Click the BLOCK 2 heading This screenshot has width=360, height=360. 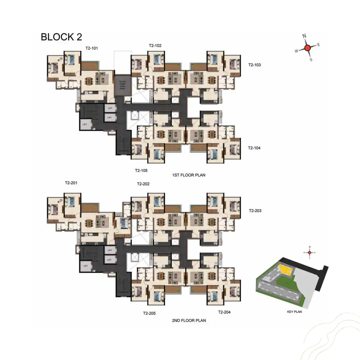point(61,37)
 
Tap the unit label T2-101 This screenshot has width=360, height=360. point(92,48)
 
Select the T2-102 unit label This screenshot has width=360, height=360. point(155,46)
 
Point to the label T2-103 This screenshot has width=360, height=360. point(254,65)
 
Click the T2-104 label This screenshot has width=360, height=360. point(254,148)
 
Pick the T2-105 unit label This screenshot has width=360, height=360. point(141,170)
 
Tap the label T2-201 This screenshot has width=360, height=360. point(71,183)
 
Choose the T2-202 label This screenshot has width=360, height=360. point(143,184)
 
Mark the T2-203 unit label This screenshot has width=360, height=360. point(255,211)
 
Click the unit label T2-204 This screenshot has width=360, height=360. point(224,312)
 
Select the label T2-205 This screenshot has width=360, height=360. point(149,313)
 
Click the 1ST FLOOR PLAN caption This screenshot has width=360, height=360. point(189,175)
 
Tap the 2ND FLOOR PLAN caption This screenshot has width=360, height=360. point(189,320)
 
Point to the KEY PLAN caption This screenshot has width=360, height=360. point(294,312)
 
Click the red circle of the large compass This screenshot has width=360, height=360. point(307,48)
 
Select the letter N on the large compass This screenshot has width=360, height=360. point(304,36)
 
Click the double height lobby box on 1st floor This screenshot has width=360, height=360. point(122,85)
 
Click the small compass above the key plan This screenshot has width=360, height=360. point(310,252)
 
